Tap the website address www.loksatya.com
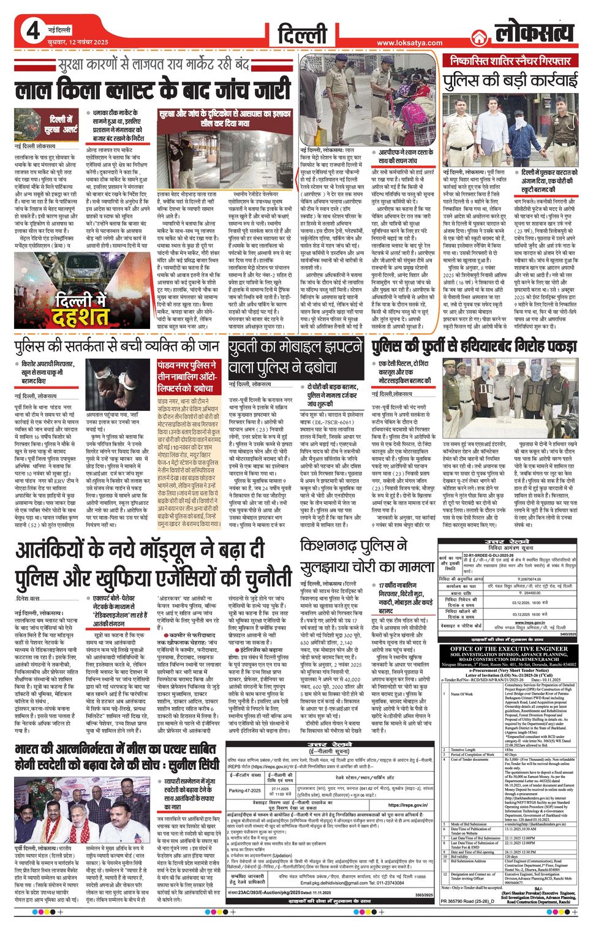(x=409, y=43)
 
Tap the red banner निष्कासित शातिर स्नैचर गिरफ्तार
(x=510, y=61)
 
